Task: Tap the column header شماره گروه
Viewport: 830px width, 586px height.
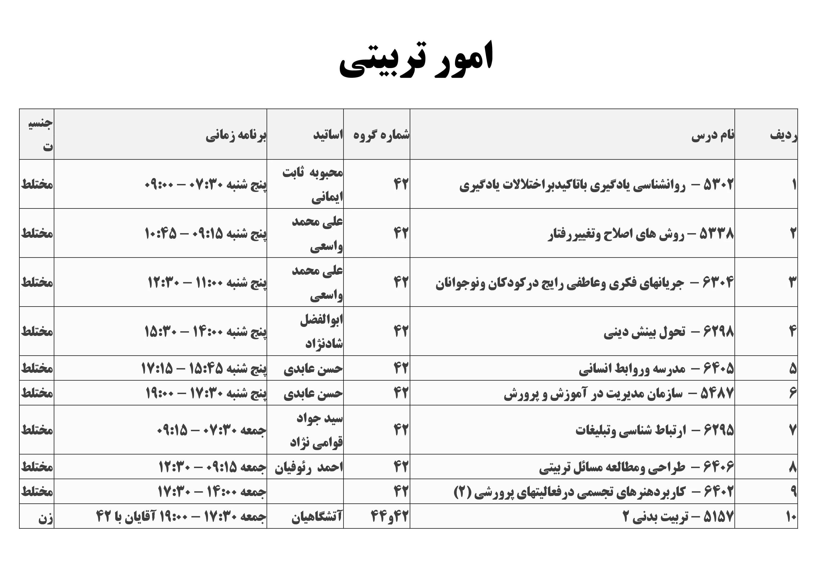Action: [381, 135]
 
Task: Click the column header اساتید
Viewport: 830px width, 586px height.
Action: [328, 135]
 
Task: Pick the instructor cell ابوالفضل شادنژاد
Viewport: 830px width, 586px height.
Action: [321, 331]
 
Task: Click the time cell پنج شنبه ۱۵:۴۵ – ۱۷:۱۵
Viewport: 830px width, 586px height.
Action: [204, 369]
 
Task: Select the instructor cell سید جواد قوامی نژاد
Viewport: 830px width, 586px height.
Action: [317, 430]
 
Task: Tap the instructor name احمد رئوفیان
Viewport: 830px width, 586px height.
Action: [309, 467]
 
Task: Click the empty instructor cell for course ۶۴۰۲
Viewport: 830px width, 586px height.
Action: [305, 491]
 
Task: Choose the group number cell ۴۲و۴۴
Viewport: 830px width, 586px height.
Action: [389, 516]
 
